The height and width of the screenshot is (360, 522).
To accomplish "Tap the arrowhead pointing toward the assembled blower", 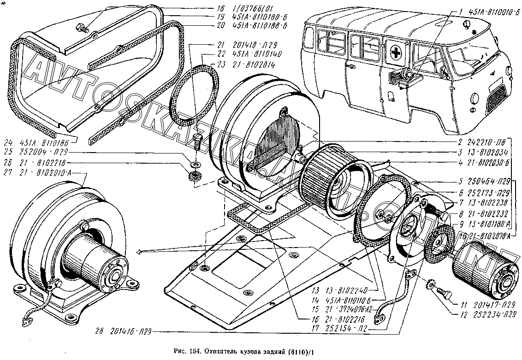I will tap(139, 252).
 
